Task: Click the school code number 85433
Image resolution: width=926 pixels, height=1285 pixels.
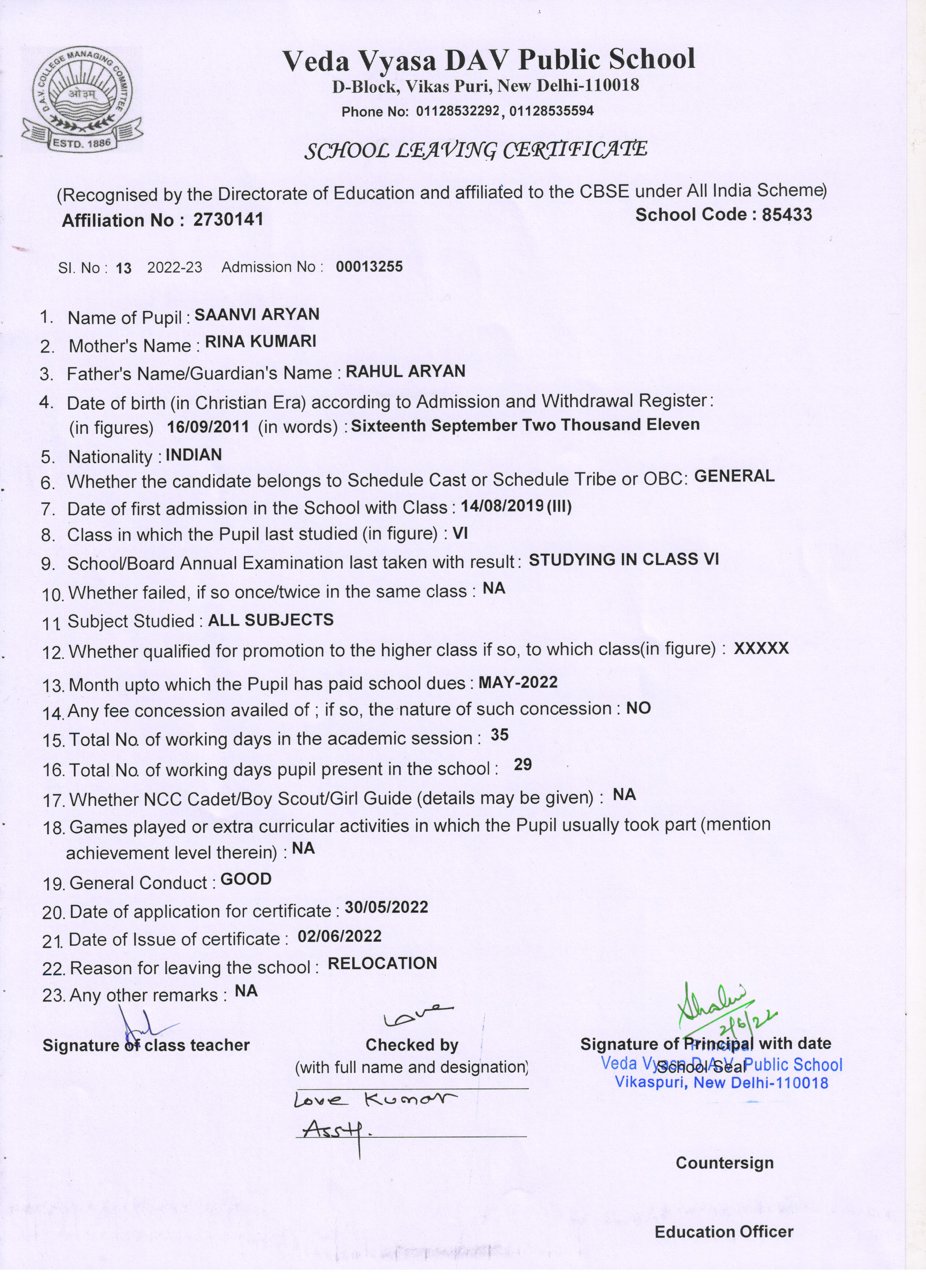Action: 787,215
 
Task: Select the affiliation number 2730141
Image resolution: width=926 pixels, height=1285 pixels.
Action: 228,219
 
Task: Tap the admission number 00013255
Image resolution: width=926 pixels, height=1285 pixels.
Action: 369,266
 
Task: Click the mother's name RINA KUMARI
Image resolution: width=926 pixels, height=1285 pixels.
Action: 260,341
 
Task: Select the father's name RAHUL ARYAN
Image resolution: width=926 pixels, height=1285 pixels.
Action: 405,371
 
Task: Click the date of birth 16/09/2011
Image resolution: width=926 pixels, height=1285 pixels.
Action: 208,427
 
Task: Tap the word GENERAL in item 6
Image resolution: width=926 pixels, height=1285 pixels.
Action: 734,476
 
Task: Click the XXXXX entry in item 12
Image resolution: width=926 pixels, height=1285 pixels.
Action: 761,648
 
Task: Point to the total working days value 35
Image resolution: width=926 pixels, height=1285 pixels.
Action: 500,735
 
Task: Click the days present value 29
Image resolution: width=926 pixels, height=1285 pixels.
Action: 523,765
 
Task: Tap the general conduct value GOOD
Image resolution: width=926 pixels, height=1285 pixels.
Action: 246,879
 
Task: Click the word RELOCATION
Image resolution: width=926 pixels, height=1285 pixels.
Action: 382,963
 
